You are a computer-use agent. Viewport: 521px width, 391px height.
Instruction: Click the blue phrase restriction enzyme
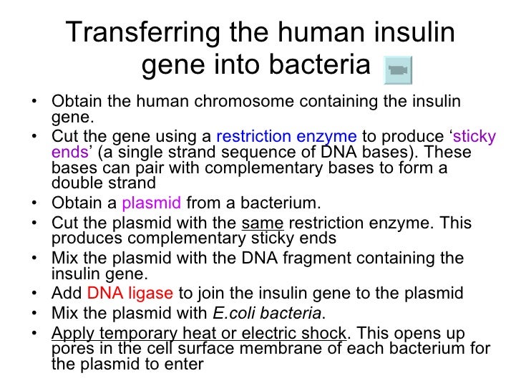(286, 135)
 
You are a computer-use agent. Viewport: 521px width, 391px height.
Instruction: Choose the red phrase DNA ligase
(130, 294)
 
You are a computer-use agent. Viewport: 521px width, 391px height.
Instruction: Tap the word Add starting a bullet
(67, 294)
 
